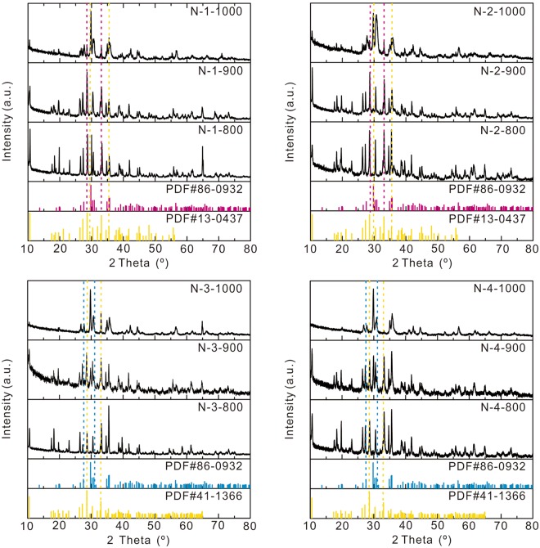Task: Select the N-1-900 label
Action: click(222, 72)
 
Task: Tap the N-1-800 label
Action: click(222, 131)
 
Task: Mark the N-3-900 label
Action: click(222, 348)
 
